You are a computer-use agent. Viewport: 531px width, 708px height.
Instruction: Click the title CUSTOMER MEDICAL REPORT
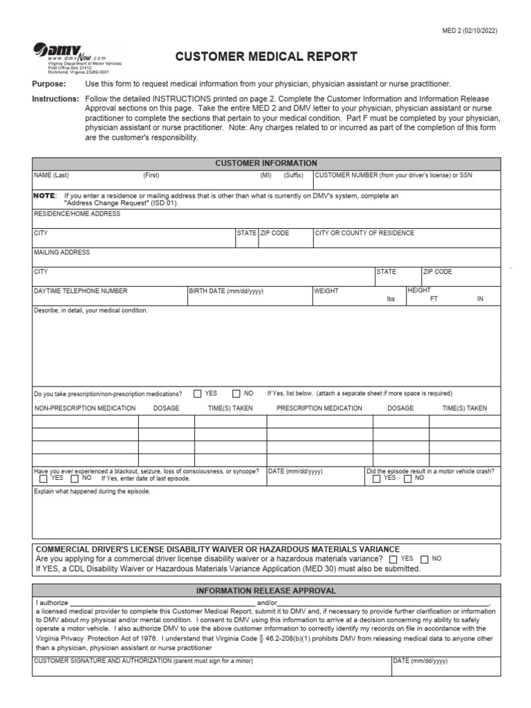coord(266,57)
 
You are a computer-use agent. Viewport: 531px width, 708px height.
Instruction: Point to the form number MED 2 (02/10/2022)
coord(469,30)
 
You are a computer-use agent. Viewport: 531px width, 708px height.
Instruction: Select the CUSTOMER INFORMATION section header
coord(266,163)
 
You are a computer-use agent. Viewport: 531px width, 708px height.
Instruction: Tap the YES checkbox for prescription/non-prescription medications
coord(198,393)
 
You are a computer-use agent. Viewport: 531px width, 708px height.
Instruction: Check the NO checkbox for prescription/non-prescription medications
coord(236,393)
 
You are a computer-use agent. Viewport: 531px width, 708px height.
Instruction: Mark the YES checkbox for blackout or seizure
coord(44,478)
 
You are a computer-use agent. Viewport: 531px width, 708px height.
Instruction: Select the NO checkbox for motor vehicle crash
coord(409,478)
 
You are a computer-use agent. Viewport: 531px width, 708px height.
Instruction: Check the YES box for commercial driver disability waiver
coord(393,559)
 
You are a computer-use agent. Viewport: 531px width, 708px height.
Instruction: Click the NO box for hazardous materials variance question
coord(425,559)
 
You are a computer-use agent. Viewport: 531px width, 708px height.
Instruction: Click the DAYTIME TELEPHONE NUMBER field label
coord(81,291)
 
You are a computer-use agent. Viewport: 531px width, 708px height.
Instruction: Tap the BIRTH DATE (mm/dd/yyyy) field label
coord(227,291)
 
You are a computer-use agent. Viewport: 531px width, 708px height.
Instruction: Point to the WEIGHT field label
coord(326,291)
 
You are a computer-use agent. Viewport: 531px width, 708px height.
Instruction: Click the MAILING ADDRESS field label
coord(62,252)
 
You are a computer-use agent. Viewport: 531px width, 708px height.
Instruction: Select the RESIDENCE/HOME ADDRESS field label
coord(77,214)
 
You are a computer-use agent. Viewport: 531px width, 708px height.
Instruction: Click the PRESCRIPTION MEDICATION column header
coord(319,408)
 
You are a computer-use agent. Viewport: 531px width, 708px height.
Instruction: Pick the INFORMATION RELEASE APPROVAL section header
coord(266,590)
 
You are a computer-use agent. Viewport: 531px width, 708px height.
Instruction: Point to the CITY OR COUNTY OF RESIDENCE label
coord(364,233)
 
